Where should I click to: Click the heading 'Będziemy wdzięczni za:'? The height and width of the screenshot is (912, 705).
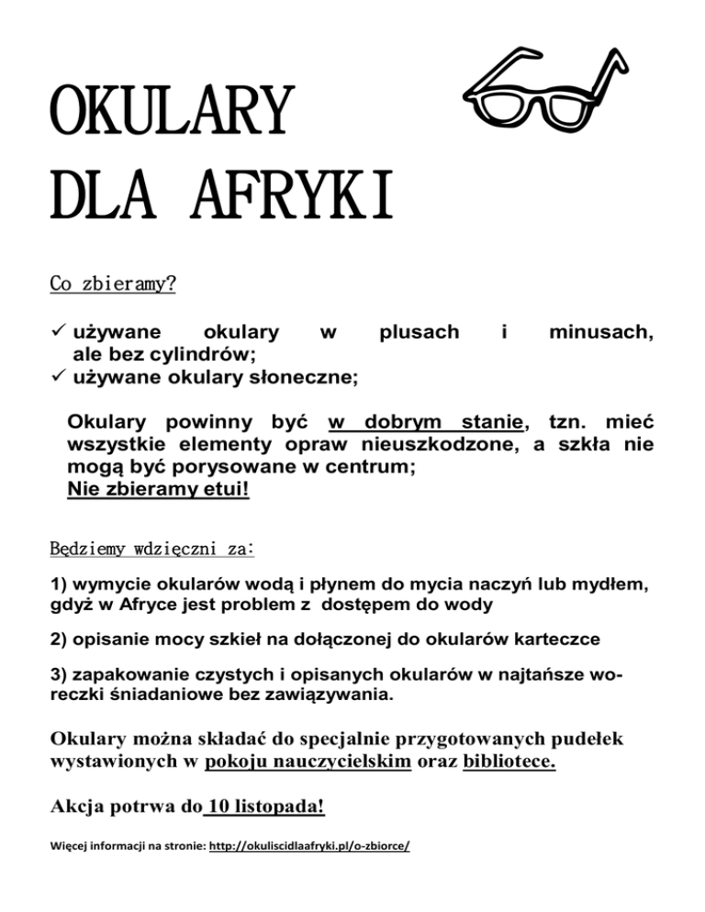click(x=151, y=551)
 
